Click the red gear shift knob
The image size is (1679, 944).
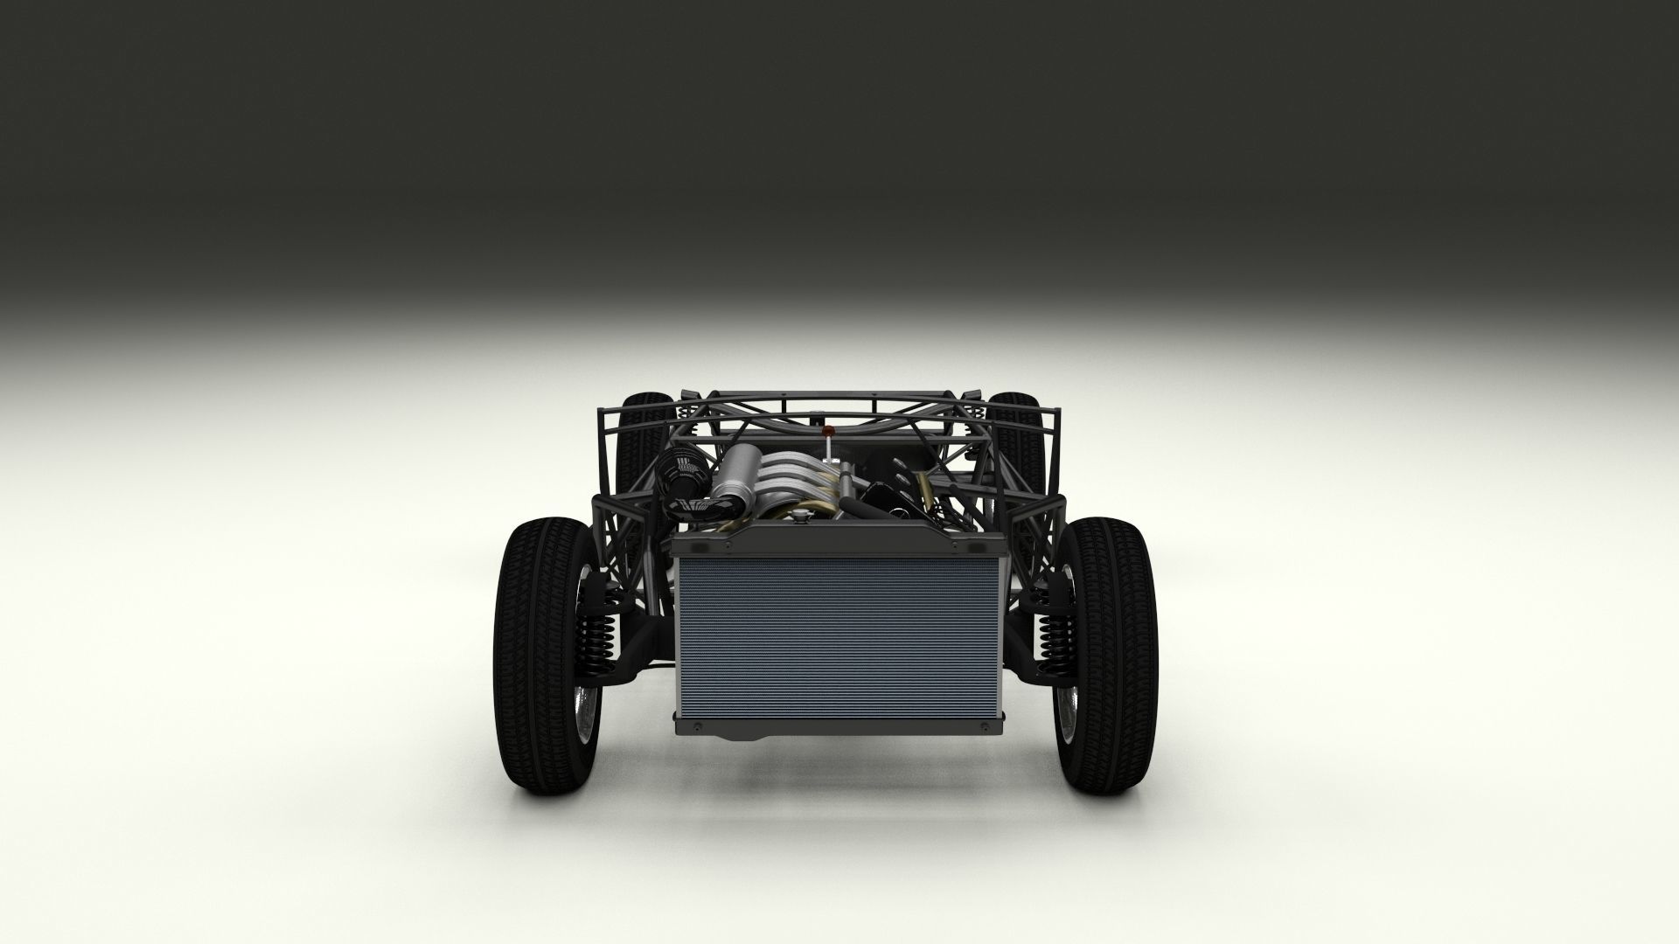(828, 431)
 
